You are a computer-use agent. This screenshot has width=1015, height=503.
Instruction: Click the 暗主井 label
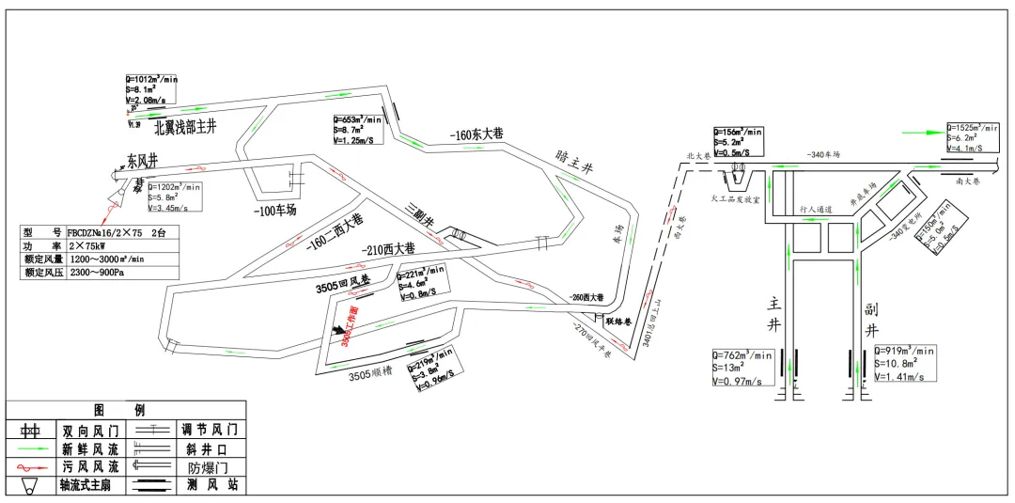(575, 163)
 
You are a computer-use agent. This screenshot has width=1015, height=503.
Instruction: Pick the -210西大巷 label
(387, 250)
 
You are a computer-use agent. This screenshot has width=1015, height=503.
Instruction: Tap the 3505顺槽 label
(368, 376)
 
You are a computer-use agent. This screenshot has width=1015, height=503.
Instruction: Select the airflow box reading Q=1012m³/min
(151, 90)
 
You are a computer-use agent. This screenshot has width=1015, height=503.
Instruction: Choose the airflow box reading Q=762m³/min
(742, 368)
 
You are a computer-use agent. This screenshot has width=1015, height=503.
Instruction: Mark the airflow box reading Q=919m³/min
(905, 363)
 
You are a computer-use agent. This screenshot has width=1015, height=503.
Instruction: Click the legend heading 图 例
(125, 410)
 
